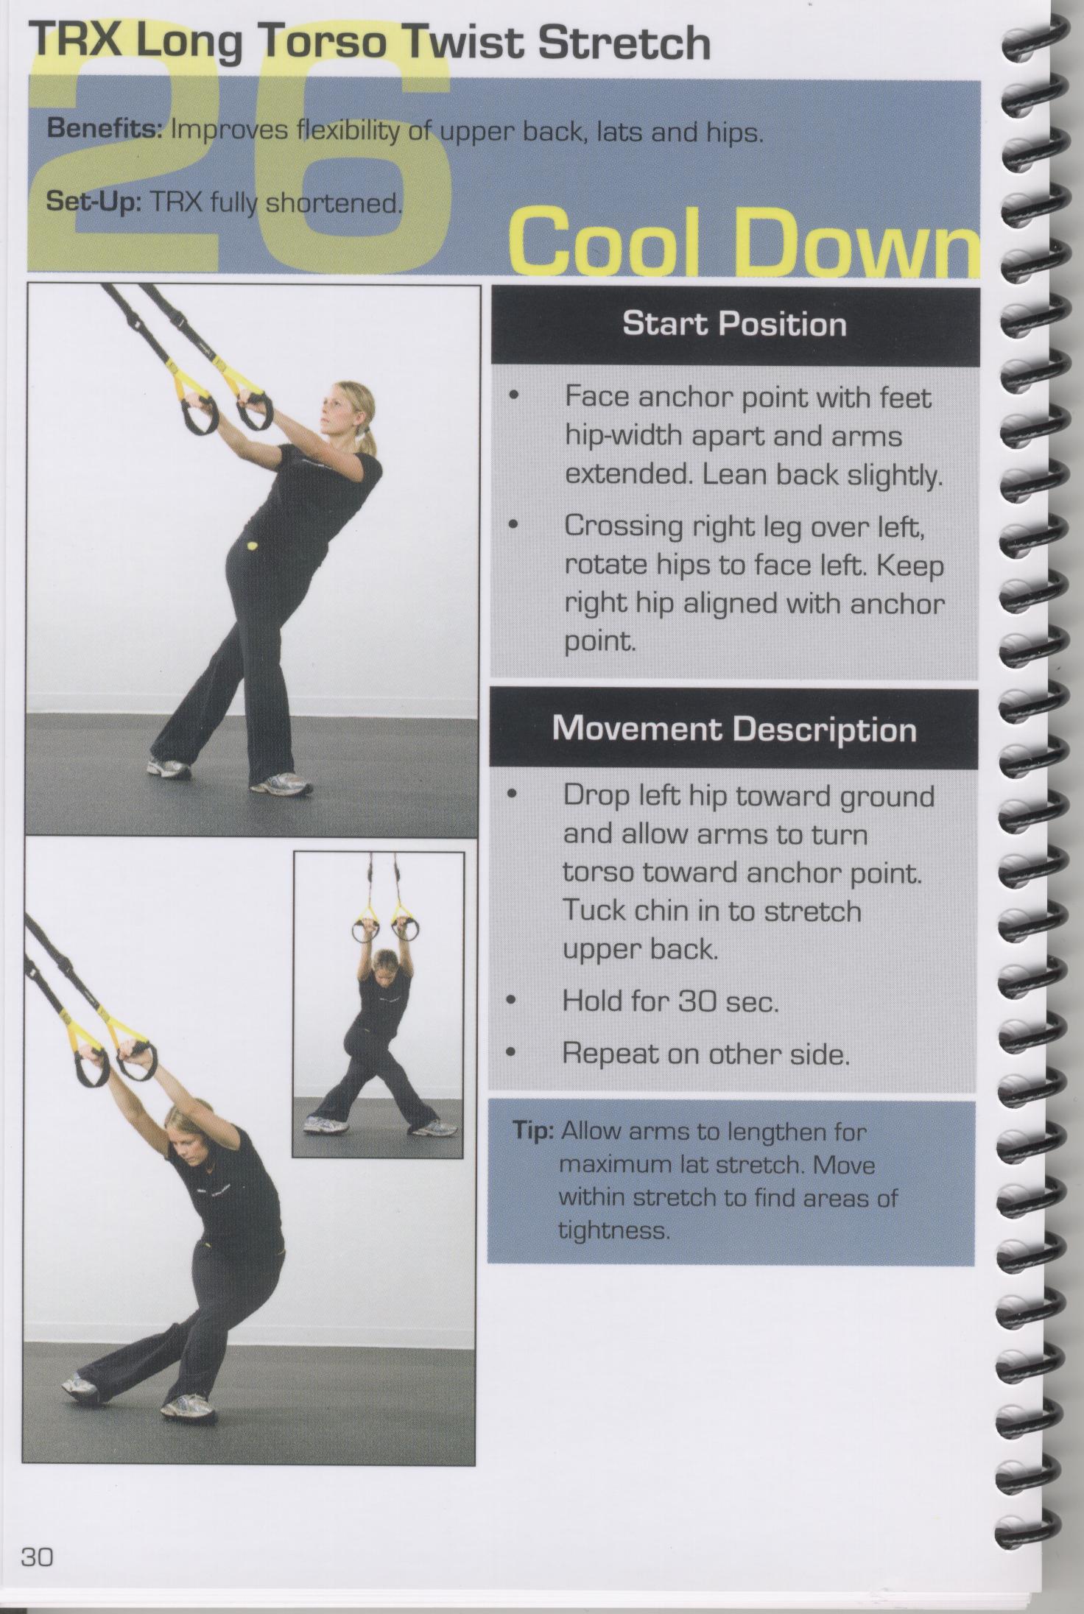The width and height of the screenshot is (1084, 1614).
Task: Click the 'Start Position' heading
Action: pyautogui.click(x=734, y=324)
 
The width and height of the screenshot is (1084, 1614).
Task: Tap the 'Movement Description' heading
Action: pyautogui.click(x=734, y=729)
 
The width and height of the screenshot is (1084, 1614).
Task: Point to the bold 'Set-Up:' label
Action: pyautogui.click(x=94, y=201)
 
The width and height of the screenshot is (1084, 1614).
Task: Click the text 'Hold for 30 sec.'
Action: pyautogui.click(x=670, y=1001)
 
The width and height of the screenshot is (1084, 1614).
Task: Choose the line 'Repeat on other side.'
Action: pyautogui.click(x=706, y=1054)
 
